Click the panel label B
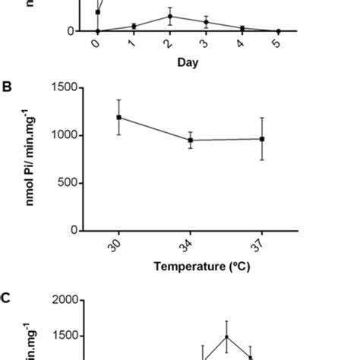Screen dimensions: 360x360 tap(7, 87)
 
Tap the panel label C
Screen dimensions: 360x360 tap(7, 298)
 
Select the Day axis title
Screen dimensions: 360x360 tap(188, 63)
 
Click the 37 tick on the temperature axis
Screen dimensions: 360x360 tap(261, 244)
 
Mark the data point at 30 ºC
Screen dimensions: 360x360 tap(119, 117)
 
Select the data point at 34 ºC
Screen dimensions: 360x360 tap(191, 140)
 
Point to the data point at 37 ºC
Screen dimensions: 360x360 tap(262, 139)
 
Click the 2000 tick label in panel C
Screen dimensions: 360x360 tap(65, 300)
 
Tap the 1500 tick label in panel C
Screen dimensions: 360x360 tap(65, 336)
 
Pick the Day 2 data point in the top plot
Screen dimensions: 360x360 tap(169, 16)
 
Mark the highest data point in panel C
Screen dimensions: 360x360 tap(226, 336)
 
